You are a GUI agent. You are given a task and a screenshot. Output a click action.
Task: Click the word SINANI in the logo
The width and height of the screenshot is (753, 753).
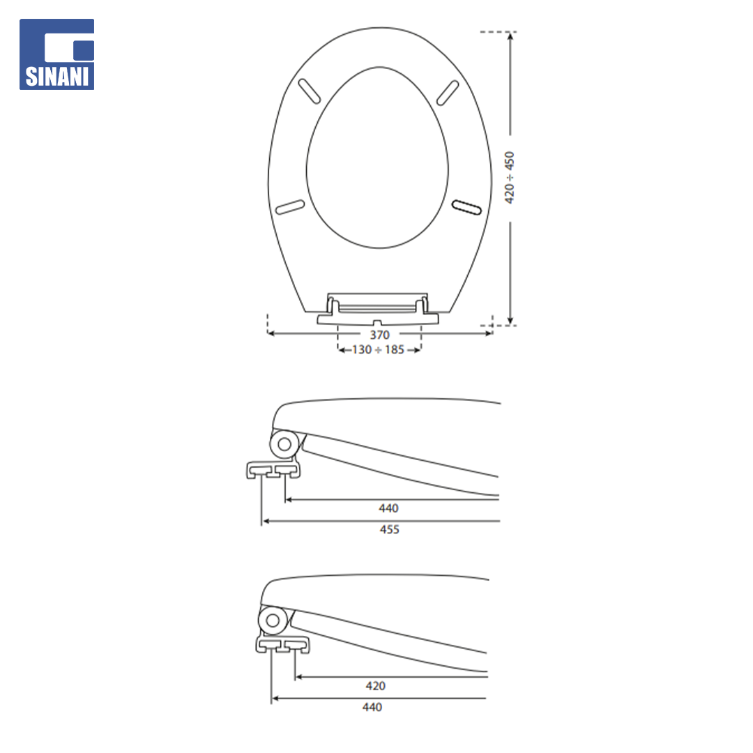pos(57,77)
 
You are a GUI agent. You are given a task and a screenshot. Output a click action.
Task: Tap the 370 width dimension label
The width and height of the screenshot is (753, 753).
pos(379,335)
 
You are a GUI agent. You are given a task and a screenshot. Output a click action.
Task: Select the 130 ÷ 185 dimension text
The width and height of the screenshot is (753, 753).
pos(379,349)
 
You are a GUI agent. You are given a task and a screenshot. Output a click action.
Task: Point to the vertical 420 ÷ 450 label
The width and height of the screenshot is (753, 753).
pos(510,178)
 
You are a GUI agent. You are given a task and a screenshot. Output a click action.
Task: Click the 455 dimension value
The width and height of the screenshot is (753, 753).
pos(390,529)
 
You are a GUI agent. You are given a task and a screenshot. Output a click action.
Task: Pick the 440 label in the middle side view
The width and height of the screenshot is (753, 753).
pos(388,508)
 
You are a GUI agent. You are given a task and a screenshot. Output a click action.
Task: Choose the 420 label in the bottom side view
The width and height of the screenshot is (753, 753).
pos(376,686)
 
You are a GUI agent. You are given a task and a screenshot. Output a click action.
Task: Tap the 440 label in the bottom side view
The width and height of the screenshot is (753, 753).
pos(372,707)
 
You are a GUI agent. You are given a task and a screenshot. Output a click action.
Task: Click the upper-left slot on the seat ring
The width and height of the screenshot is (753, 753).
pos(310,91)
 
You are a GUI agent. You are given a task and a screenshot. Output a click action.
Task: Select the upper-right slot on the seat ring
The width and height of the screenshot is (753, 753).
pos(448,93)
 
